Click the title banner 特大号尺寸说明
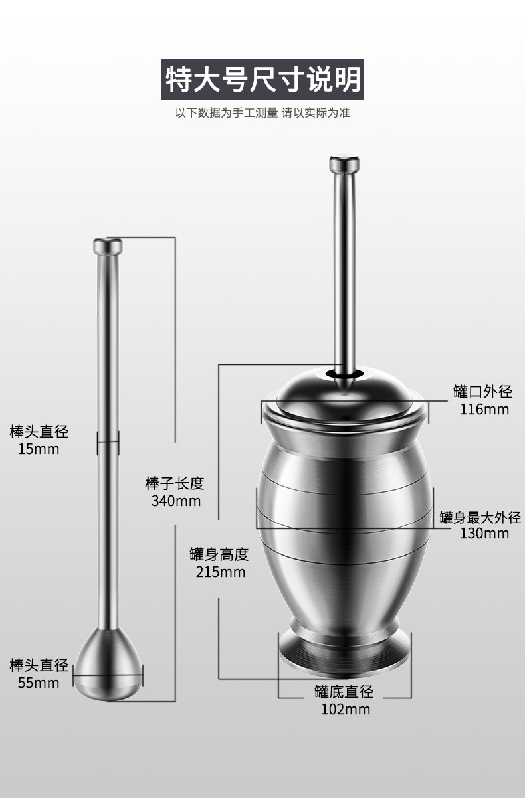(262, 79)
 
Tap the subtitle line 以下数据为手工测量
(227, 113)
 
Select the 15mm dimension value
(39, 449)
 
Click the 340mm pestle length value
(175, 501)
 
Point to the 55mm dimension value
(39, 683)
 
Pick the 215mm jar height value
(221, 572)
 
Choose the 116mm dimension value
(484, 409)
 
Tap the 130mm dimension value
(484, 533)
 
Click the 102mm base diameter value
(346, 709)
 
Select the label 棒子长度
(175, 483)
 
